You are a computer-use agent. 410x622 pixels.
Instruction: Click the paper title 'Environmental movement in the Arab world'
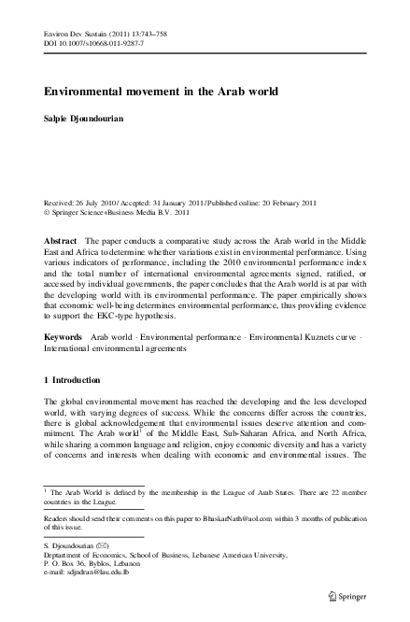[x=162, y=92]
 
